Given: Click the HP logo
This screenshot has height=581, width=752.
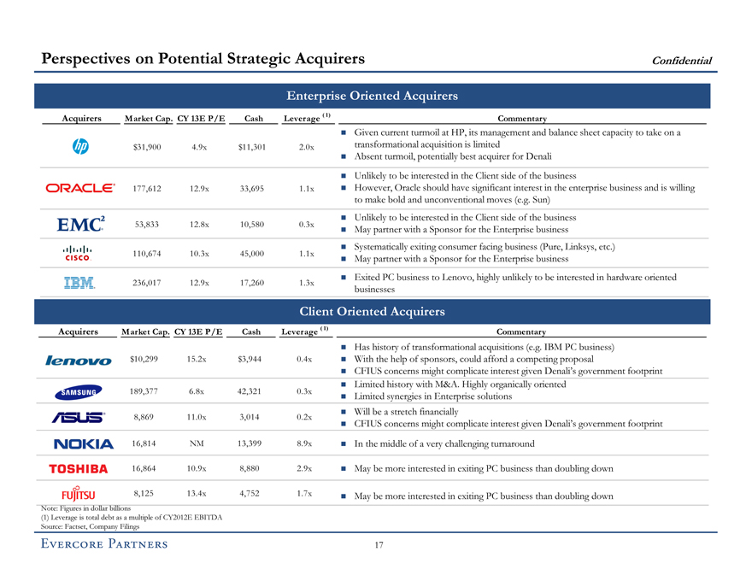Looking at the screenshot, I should coord(82,147).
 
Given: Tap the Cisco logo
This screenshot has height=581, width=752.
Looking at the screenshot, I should coord(79,253).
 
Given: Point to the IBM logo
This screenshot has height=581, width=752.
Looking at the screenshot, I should coord(79,282).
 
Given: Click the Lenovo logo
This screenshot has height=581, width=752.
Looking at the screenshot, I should coord(79,360).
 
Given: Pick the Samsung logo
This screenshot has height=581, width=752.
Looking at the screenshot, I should coord(79,392).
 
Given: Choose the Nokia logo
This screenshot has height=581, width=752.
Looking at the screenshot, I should coord(83,443).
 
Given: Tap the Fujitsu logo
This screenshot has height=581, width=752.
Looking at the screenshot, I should coord(78,495).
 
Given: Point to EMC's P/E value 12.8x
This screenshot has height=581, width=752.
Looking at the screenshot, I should coord(201,225).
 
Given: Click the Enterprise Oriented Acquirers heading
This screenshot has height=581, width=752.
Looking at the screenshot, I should coord(373,97).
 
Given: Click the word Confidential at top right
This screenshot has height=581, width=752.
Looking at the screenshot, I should coord(682,60).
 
